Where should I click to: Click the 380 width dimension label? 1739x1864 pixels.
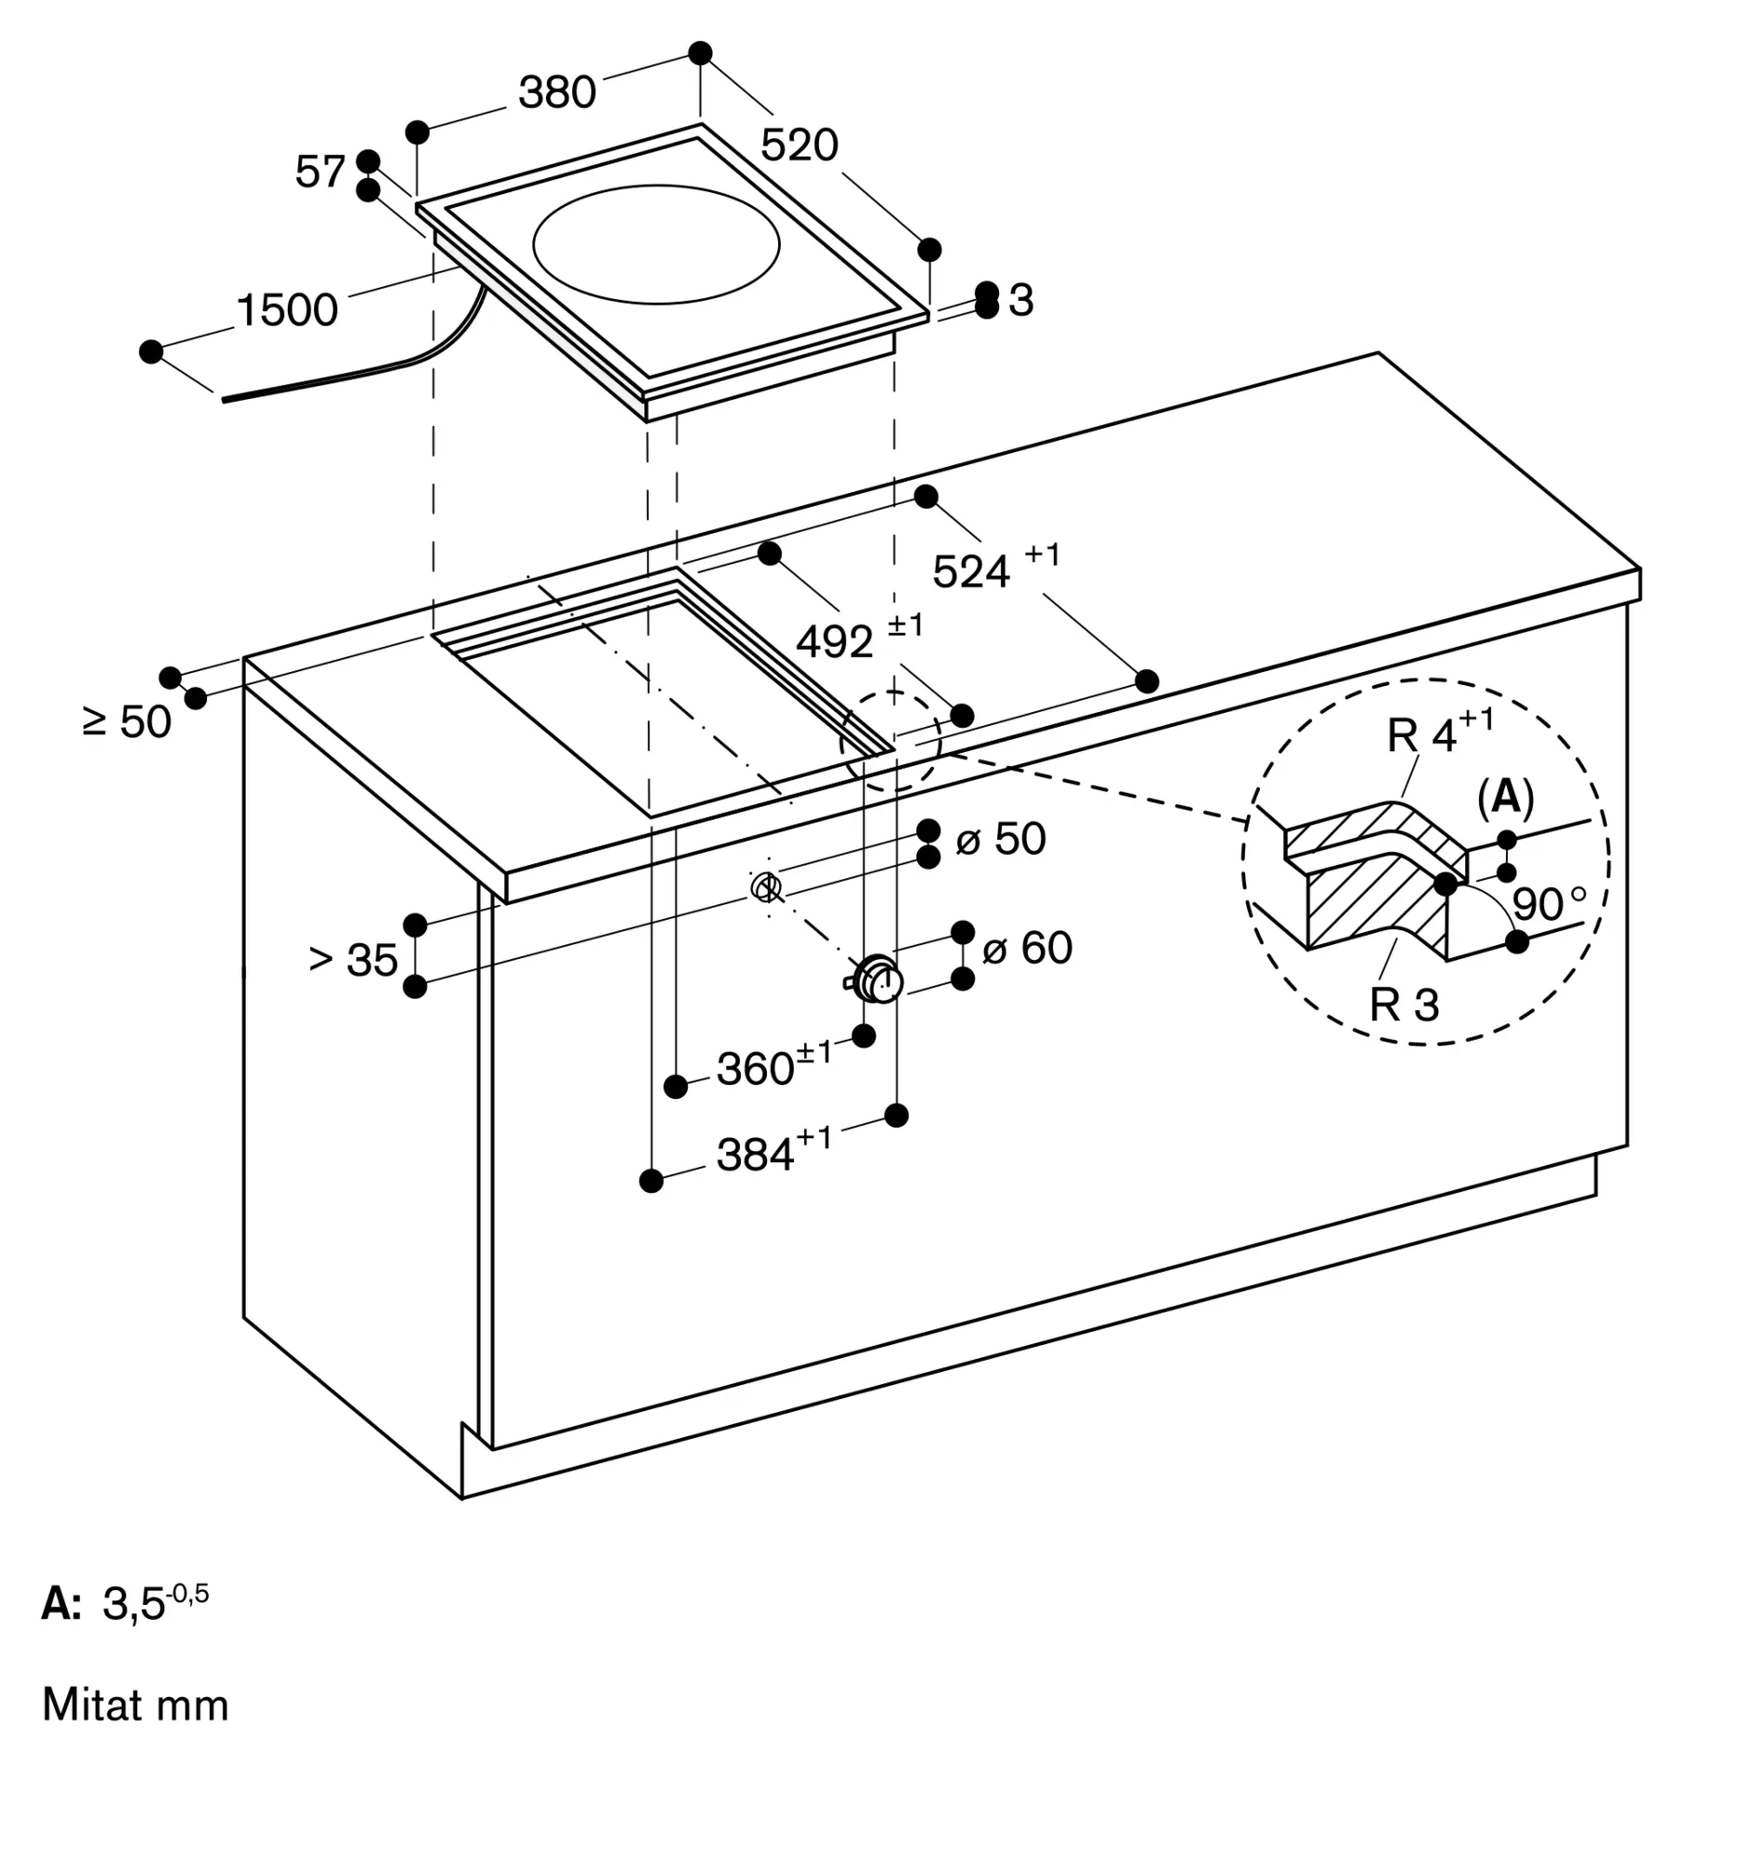point(557,93)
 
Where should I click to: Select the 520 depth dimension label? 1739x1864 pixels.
point(799,145)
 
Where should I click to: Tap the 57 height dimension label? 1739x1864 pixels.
point(320,171)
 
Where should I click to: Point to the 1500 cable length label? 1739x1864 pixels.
point(287,310)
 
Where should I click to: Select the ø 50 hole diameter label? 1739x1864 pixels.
point(1000,838)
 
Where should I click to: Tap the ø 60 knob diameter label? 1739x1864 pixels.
point(1026,947)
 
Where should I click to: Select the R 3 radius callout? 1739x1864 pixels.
point(1404,1005)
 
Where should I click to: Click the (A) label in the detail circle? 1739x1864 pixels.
point(1505,797)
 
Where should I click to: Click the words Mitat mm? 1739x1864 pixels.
point(136,1705)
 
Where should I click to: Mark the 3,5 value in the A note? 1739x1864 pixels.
point(133,1604)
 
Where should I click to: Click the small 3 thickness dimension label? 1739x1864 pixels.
point(1020,300)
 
